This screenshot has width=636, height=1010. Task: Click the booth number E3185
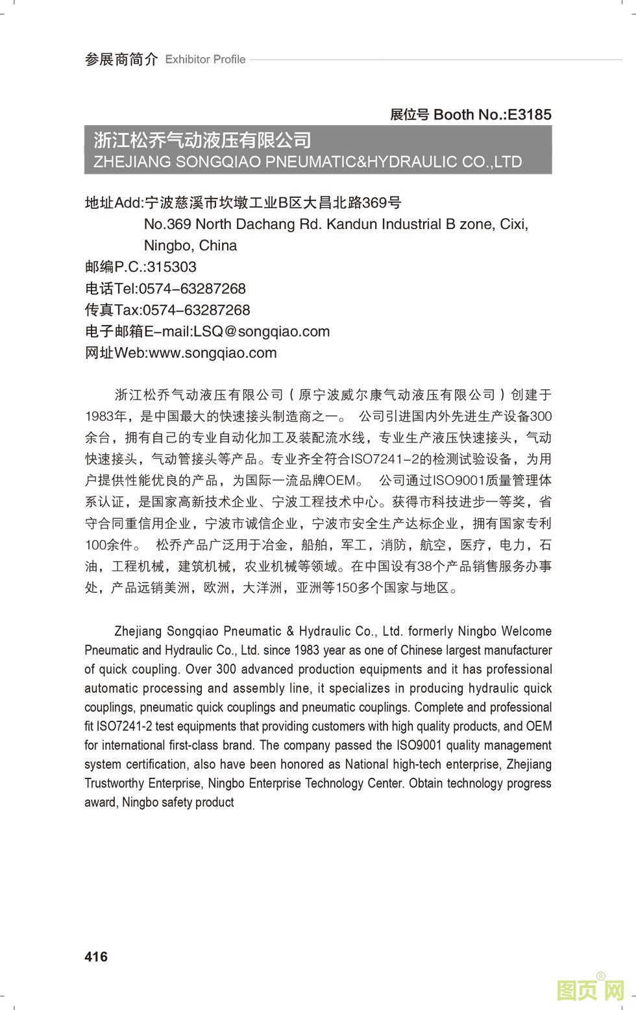point(529,115)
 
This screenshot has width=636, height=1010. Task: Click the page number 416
point(96,956)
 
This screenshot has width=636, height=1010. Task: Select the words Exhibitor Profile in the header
point(205,60)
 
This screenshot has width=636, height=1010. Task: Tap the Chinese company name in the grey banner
point(202,140)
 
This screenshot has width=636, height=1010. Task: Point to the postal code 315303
point(172,267)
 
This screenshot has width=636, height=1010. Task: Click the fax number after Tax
point(196,310)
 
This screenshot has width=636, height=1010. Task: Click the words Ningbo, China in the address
point(190,246)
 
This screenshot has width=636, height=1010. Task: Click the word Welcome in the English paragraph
point(526,631)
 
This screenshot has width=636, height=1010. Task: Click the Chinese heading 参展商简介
point(121,60)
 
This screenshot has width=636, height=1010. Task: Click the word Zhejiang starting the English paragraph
point(138,631)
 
